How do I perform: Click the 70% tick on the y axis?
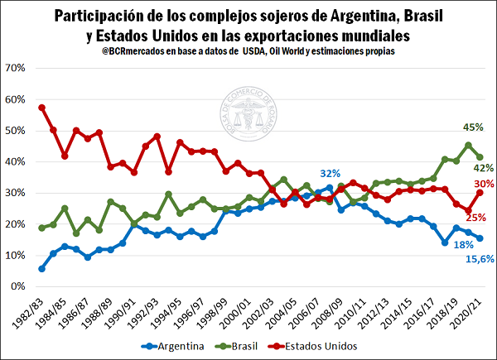[x=17, y=68]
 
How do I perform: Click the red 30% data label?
[x=485, y=184]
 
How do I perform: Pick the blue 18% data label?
[x=463, y=245]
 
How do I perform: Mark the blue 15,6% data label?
[x=479, y=260]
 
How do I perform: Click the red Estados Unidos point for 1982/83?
[x=41, y=108]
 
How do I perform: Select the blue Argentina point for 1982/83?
[x=41, y=268]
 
